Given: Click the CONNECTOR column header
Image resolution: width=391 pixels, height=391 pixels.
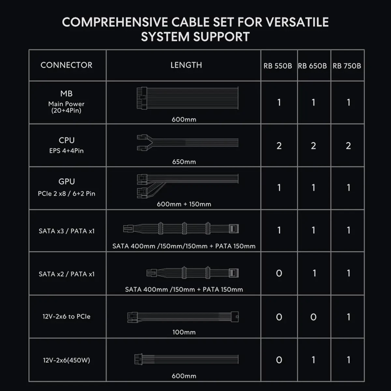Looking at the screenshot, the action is tap(66, 65).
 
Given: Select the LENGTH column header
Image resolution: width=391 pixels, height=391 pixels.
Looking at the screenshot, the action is tap(186, 65).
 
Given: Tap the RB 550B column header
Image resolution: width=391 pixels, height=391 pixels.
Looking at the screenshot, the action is tap(278, 66).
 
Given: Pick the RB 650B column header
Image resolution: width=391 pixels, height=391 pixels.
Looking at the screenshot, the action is tap(312, 66).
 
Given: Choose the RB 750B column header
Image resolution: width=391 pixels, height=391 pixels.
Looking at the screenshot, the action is tap(347, 66).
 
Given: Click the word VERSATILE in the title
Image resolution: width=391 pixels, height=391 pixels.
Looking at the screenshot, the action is tap(297, 22).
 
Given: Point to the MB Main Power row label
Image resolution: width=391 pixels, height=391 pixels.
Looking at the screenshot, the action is tap(66, 102).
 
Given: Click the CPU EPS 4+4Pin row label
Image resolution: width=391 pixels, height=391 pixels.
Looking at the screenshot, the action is tap(66, 145).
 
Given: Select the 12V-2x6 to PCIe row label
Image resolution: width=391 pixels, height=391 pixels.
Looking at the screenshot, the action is tap(66, 316).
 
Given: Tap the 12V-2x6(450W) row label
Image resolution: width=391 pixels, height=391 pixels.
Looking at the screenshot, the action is tap(66, 360).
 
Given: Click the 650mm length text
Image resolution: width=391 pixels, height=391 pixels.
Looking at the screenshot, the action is tap(184, 162).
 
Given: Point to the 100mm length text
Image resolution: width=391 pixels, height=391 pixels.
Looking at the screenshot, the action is tap(184, 332).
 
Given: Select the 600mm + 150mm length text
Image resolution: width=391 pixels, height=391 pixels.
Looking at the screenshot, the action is tap(184, 204).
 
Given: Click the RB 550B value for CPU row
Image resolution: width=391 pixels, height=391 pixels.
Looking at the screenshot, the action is tap(279, 146).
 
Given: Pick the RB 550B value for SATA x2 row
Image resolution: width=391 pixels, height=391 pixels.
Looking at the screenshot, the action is tap(279, 273).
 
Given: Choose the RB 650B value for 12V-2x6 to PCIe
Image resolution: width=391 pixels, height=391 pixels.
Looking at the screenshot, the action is tap(313, 317).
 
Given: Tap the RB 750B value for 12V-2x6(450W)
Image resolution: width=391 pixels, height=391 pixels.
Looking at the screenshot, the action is tap(348, 360).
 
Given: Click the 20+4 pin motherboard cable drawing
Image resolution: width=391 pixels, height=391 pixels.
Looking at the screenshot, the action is tap(187, 98).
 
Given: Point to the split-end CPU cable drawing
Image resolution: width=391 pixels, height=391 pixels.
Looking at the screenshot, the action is tap(187, 142).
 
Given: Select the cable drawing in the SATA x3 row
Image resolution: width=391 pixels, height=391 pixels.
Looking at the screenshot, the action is tap(181, 228).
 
